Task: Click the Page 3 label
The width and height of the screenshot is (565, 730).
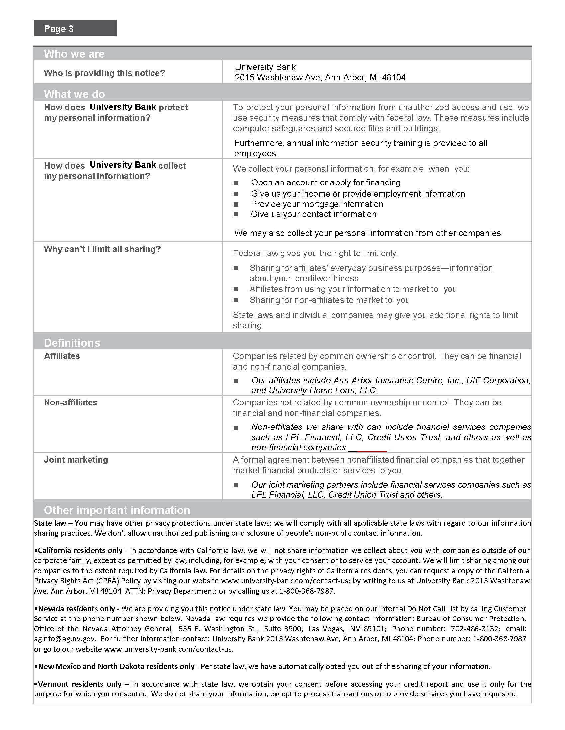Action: [x=59, y=29]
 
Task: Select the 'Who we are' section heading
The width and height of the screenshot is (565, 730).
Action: [x=74, y=54]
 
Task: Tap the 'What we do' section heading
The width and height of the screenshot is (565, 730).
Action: [x=74, y=94]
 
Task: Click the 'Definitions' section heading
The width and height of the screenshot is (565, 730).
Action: [x=72, y=343]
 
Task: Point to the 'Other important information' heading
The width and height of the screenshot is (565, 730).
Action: [x=117, y=510]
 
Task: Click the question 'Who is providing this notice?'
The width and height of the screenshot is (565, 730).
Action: [x=104, y=73]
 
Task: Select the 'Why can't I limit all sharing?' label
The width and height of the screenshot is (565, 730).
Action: [x=102, y=249]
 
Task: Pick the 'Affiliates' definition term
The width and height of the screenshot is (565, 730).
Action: [x=62, y=356]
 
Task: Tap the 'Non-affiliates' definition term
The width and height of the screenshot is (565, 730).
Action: [x=70, y=402]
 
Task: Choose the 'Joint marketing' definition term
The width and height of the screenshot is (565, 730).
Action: [x=76, y=460]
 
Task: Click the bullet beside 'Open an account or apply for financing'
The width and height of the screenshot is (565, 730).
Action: [x=236, y=183]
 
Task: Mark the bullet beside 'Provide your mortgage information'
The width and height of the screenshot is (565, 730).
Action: [x=236, y=204]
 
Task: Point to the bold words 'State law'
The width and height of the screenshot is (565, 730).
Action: [x=50, y=523]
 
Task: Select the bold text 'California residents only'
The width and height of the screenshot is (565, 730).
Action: [x=80, y=550]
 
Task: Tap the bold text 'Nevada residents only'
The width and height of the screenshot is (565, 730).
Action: [x=76, y=609]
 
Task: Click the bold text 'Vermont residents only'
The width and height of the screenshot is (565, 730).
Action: [x=80, y=684]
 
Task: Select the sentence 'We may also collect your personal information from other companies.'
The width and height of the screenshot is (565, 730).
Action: [x=368, y=233]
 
